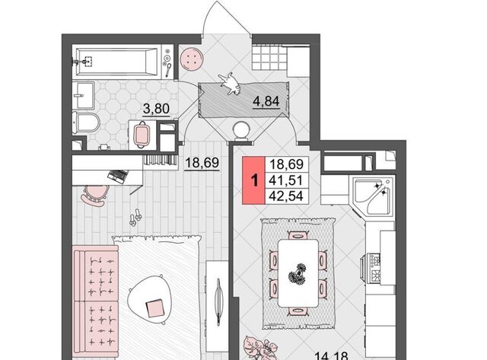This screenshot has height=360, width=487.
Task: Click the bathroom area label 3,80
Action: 156,109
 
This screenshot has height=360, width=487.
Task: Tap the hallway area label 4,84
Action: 266,101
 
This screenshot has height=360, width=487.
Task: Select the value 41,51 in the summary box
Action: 286,180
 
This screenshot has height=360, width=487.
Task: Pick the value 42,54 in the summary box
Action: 286,196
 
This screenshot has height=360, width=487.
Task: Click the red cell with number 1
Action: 253,180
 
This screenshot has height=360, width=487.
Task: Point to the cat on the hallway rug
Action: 230,83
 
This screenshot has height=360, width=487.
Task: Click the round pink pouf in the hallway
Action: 192,59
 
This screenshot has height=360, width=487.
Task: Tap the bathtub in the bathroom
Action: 117,62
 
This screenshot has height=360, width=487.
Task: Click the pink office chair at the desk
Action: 94,195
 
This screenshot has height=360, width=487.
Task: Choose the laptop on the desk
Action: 117,176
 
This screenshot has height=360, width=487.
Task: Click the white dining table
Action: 298,273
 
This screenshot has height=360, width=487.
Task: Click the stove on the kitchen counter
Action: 374,268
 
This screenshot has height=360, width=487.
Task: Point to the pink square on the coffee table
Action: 154,307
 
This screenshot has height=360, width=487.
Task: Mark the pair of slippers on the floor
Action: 135,217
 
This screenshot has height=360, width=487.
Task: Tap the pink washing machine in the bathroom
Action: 142,134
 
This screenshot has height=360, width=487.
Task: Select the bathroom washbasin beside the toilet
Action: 83,96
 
